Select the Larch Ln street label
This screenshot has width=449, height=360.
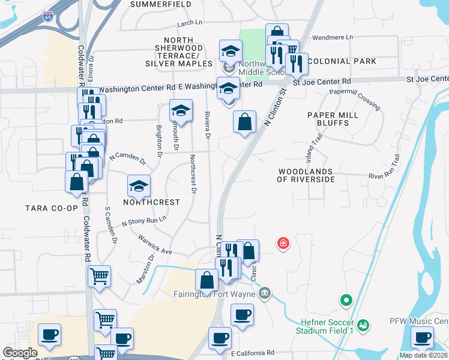190,23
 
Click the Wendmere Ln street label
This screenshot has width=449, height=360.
333,37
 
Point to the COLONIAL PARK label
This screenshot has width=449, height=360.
342,61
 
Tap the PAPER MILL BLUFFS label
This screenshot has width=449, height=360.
332,119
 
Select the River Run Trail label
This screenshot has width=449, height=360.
384,170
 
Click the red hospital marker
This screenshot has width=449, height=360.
282,243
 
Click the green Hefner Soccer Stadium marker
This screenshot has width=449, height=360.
345,300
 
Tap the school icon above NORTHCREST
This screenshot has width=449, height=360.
139,187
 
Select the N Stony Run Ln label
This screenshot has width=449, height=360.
143,221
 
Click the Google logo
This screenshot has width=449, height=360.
20,353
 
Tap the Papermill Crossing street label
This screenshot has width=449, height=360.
355,100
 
